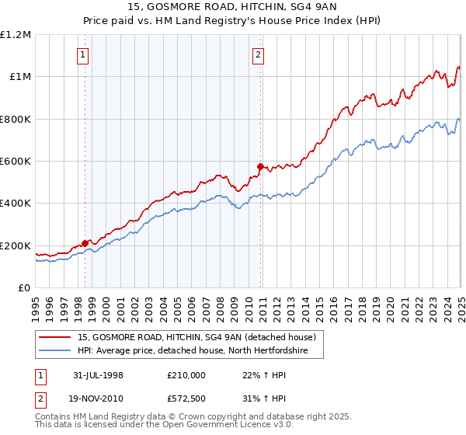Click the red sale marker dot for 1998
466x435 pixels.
click(85, 243)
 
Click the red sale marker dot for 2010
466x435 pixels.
click(260, 166)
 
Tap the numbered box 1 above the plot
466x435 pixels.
click(82, 54)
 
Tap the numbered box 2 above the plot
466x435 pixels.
click(258, 54)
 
